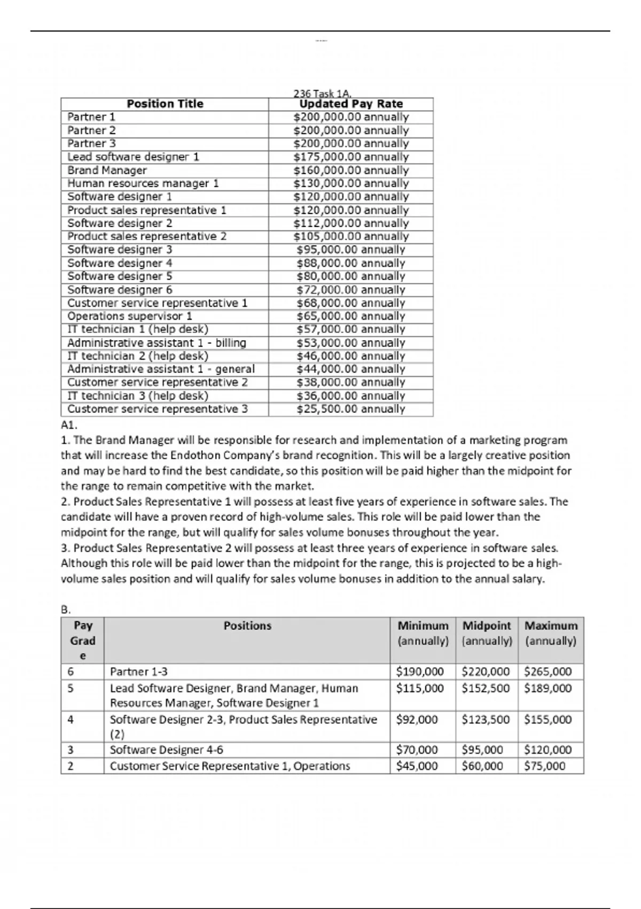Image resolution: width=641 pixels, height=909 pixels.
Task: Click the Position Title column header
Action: [165, 104]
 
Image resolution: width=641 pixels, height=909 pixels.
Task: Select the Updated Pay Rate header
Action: [351, 104]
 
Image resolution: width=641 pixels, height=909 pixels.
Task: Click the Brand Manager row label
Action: [107, 170]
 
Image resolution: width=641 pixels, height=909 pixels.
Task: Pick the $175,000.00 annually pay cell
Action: [351, 157]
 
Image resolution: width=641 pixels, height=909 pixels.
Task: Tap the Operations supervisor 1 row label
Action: [130, 316]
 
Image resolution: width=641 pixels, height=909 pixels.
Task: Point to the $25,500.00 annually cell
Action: [351, 409]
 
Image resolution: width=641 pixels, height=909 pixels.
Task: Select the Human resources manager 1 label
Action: [143, 183]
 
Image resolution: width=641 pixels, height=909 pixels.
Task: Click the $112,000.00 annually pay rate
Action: [351, 223]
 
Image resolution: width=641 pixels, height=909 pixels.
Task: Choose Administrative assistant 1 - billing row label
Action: [157, 343]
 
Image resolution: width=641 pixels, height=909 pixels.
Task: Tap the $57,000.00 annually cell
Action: [351, 329]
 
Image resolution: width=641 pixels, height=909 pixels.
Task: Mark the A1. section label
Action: [69, 425]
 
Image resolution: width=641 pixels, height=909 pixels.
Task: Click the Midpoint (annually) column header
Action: [487, 633]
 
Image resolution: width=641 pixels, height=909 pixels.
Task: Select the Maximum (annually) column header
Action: [551, 633]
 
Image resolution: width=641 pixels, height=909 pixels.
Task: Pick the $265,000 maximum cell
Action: [548, 672]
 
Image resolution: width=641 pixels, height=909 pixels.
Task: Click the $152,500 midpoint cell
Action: [486, 688]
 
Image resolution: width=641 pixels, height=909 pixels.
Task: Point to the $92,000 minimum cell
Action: [417, 720]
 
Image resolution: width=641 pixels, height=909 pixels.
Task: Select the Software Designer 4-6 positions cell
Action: [166, 750]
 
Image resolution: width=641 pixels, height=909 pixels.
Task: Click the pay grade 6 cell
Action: [71, 672]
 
